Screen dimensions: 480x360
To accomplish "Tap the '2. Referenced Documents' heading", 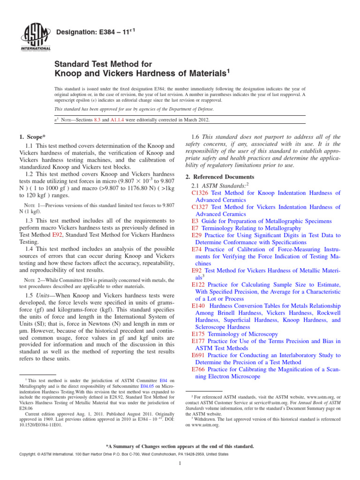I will pyautogui.click(x=220, y=177).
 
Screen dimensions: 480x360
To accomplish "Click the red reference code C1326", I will pyautogui.click(x=200, y=193).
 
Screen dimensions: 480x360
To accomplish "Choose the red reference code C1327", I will pyautogui.click(x=200, y=207).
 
